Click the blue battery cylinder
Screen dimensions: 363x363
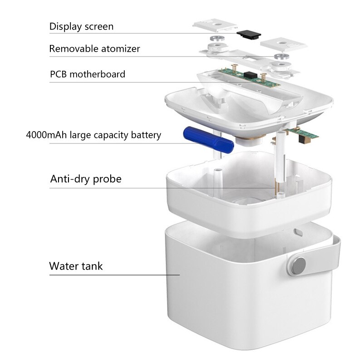pos(208,141)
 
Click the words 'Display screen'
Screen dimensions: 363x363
pos(81,26)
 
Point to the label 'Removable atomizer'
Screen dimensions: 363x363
pos(94,49)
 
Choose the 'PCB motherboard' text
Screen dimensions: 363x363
pos(87,74)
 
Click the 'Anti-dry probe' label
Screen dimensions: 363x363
pos(86,179)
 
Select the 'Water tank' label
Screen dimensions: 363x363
pos(76,266)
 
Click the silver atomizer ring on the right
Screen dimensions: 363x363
pos(282,57)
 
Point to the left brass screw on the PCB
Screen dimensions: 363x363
pos(235,69)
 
